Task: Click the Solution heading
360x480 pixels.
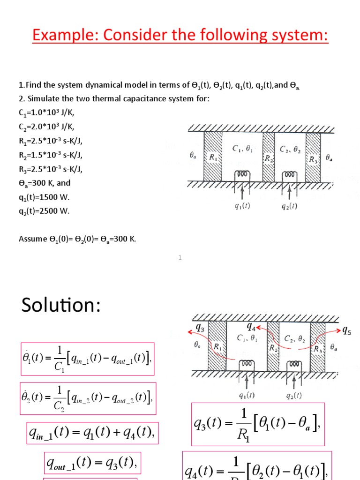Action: pyautogui.click(x=61, y=305)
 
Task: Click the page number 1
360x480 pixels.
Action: pyautogui.click(x=180, y=257)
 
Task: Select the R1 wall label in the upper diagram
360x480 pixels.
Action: pyautogui.click(x=213, y=158)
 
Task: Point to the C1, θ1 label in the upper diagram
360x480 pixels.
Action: pyautogui.click(x=243, y=149)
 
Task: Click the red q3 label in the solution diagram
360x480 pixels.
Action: pyautogui.click(x=200, y=328)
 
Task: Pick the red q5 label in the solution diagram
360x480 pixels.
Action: pyautogui.click(x=346, y=330)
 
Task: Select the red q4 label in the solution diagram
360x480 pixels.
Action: pyautogui.click(x=252, y=327)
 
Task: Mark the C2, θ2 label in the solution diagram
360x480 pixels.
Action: pyautogui.click(x=291, y=338)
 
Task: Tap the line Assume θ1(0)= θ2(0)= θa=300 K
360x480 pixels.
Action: pyautogui.click(x=77, y=239)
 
